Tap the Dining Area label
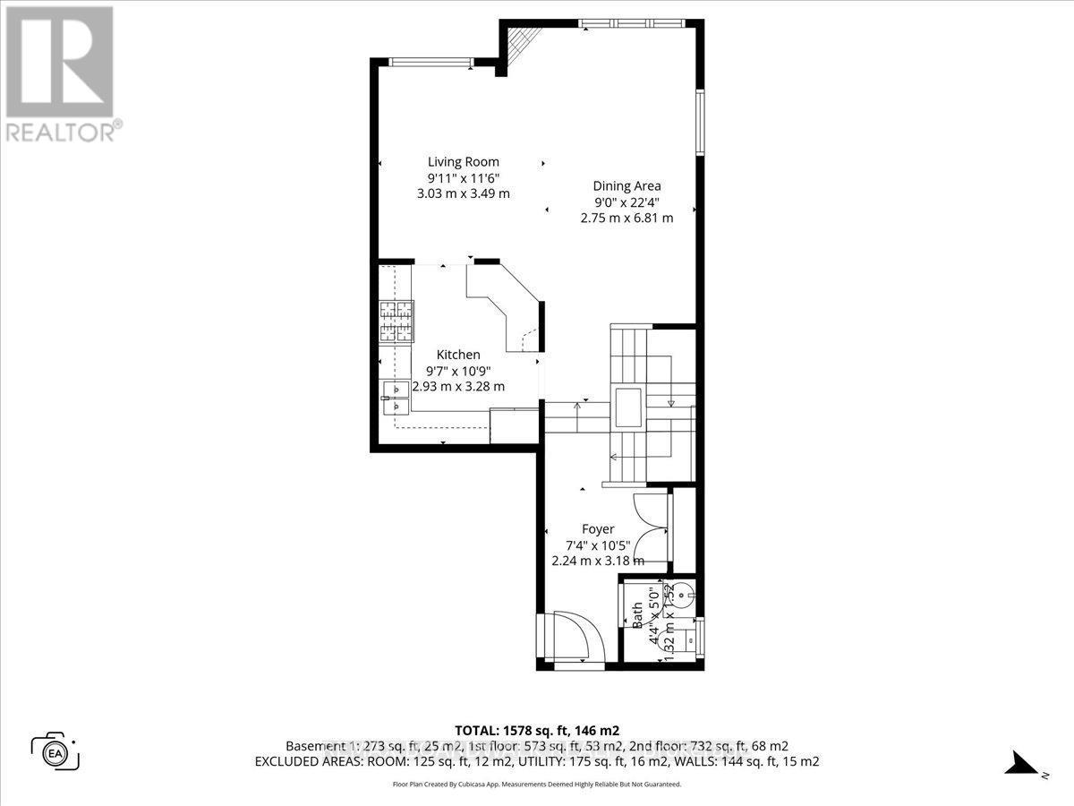[x=626, y=186]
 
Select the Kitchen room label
[x=458, y=355]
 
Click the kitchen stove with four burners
[x=396, y=322]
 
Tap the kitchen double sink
[x=395, y=398]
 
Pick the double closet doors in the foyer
[x=652, y=528]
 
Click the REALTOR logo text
[x=60, y=132]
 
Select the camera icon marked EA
[x=55, y=750]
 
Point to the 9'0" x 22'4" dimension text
[x=626, y=201]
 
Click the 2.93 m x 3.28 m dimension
[x=458, y=387]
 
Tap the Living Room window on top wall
[x=430, y=61]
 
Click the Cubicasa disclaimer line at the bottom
[x=536, y=784]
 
